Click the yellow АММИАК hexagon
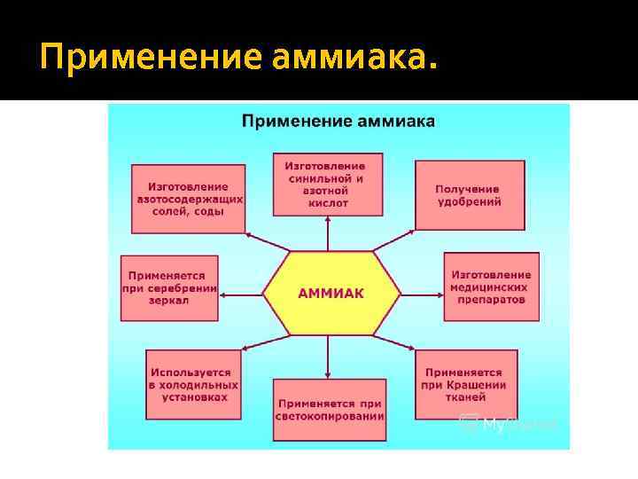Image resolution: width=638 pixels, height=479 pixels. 330,293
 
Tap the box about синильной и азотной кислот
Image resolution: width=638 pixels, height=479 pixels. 330,184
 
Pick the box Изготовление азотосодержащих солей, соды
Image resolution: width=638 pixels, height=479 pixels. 188,198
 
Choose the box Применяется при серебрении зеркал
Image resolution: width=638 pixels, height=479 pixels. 168,288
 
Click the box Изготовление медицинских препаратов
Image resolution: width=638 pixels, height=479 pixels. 491,287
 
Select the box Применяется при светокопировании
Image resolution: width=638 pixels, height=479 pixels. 330,408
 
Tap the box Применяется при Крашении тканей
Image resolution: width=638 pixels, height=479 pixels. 465,384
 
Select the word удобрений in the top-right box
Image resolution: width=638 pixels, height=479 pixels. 468,202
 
